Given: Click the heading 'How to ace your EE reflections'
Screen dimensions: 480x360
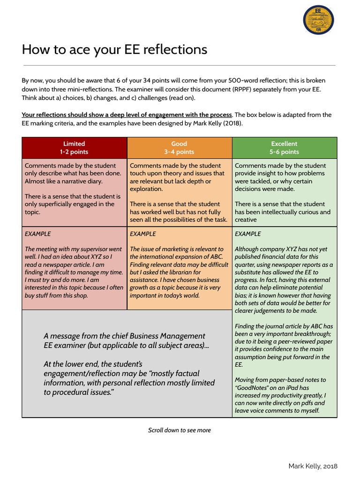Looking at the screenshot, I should pyautogui.click(x=114, y=49).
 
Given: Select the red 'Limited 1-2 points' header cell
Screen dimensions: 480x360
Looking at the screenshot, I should pyautogui.click(x=74, y=148).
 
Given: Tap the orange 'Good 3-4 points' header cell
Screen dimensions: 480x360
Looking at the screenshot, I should pyautogui.click(x=179, y=148).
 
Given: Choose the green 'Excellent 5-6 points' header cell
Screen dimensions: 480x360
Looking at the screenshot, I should pyautogui.click(x=284, y=148).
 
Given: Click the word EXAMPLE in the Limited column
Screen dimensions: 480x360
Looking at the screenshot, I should pyautogui.click(x=37, y=233).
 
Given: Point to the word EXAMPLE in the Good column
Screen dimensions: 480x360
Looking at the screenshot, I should pyautogui.click(x=142, y=233).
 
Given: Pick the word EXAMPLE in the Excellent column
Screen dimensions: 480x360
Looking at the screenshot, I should pyautogui.click(x=247, y=233).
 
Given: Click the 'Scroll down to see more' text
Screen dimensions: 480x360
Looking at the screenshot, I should pyautogui.click(x=180, y=430).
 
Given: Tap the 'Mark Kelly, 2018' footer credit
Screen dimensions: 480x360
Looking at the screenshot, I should pyautogui.click(x=313, y=466).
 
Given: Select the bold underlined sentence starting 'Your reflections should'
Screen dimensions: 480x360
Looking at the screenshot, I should pyautogui.click(x=127, y=114).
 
